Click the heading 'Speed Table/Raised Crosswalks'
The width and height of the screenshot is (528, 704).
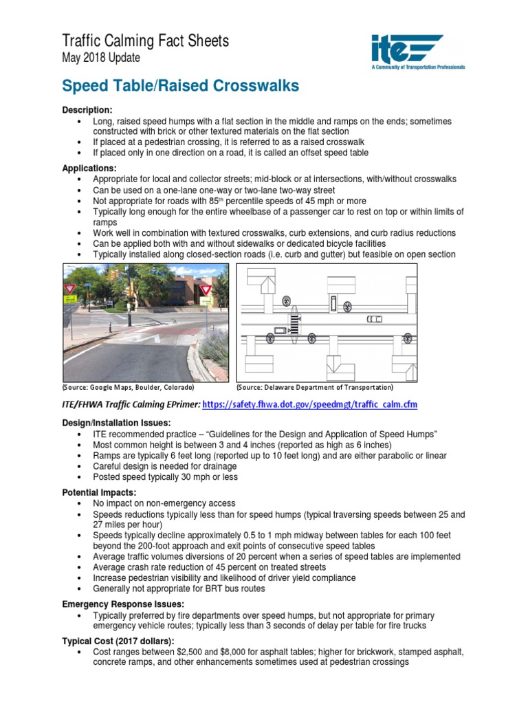tap(180, 86)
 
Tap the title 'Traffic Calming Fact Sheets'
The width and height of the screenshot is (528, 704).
tap(145, 41)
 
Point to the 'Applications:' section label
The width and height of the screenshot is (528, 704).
tap(89, 168)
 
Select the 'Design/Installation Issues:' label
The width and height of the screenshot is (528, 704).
tap(116, 423)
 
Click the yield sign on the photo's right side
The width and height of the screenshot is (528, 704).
tap(206, 290)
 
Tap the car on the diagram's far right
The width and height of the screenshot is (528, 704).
tap(374, 319)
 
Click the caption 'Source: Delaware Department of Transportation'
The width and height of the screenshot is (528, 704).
tap(315, 387)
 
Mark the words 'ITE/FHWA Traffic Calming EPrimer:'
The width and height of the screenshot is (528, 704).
tap(131, 404)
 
